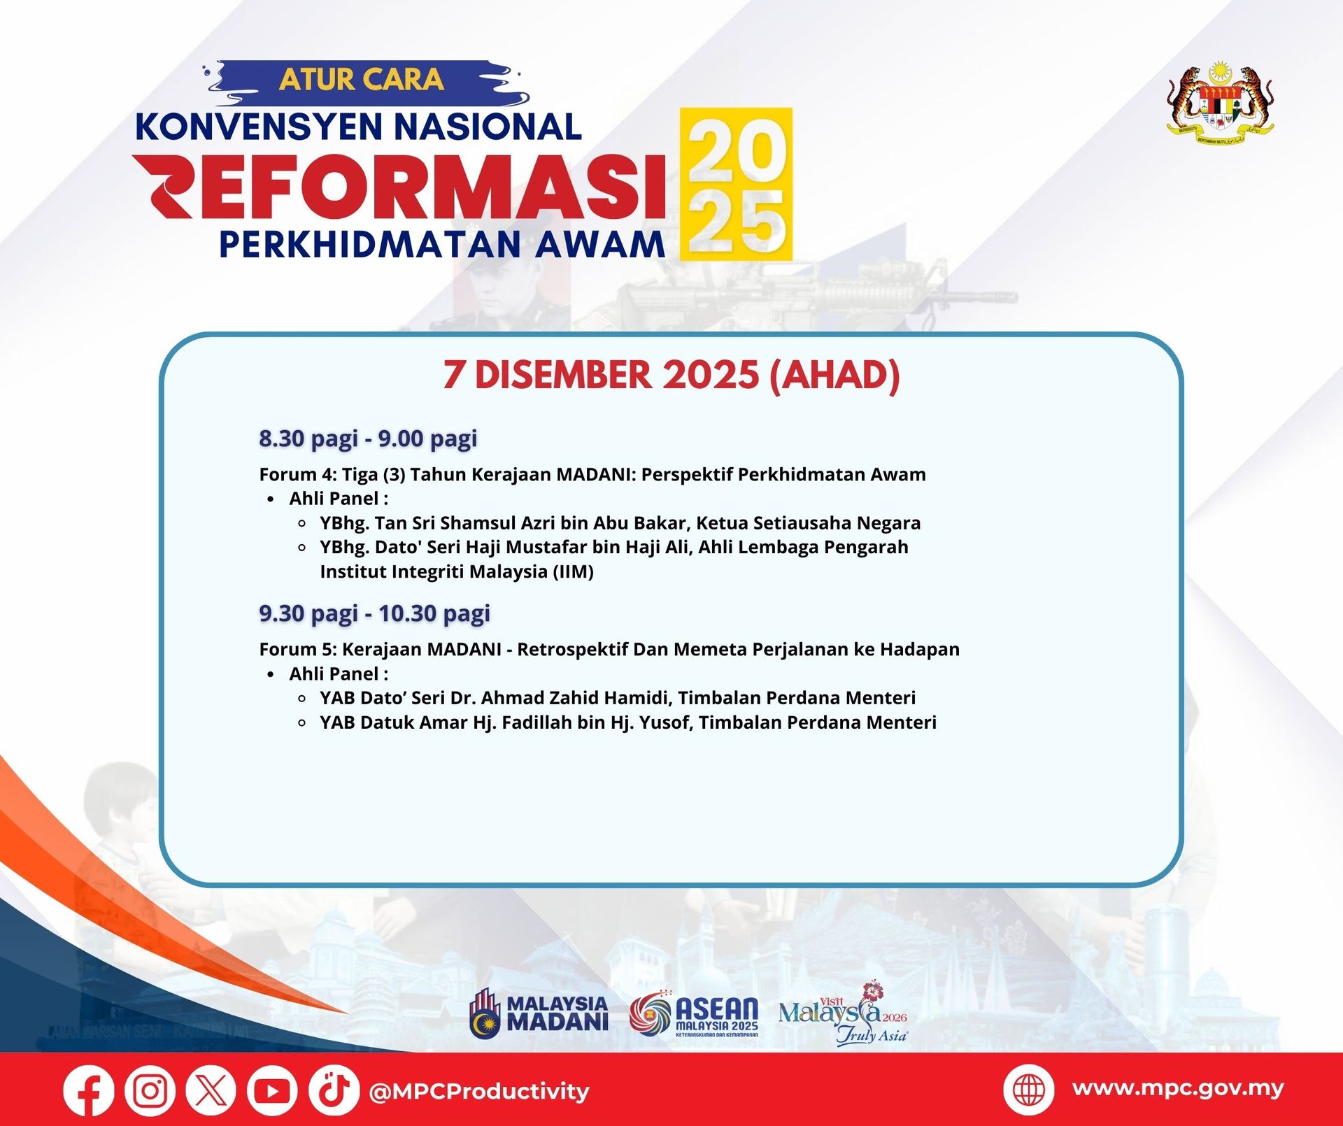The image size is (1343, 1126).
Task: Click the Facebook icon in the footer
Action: (x=89, y=1090)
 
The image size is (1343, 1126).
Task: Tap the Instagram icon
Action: (x=150, y=1090)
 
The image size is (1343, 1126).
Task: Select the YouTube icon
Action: (x=272, y=1090)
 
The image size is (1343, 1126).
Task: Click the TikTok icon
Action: (x=334, y=1090)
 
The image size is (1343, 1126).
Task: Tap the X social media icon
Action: (x=211, y=1090)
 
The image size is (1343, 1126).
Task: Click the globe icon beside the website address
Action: (x=1028, y=1090)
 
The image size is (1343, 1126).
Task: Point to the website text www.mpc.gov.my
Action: (x=1178, y=1088)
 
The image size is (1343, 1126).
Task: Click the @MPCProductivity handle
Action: (x=478, y=1091)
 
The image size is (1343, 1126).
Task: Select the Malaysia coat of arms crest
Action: (x=1220, y=104)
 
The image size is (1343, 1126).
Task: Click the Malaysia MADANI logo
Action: (x=539, y=1013)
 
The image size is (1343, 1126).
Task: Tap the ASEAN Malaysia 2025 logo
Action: (x=694, y=1013)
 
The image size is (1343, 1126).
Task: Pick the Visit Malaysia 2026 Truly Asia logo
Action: (x=843, y=1013)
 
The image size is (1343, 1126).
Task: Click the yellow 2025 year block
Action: (x=736, y=184)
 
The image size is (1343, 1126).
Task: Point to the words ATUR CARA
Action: (x=362, y=80)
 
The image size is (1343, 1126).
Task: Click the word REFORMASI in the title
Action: (x=399, y=187)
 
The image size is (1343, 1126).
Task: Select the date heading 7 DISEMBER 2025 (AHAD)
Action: (x=671, y=375)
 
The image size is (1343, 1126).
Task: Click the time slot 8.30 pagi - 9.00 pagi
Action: (x=368, y=439)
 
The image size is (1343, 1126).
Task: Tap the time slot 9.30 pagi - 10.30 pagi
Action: (x=374, y=613)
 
